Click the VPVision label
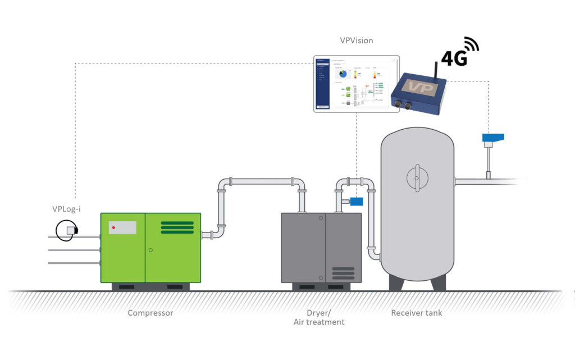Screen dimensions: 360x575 [x=356, y=40]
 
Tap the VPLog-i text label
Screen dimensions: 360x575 [x=66, y=209]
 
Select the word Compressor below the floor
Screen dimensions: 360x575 [x=150, y=313]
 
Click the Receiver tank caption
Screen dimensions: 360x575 [x=416, y=313]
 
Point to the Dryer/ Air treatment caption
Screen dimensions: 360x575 [x=318, y=317]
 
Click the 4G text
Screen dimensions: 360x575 [x=454, y=58]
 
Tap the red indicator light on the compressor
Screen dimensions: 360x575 [x=113, y=227]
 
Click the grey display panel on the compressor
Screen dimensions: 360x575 [x=122, y=227]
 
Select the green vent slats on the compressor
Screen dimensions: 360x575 [x=177, y=227]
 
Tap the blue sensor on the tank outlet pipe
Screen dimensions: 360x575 [x=492, y=137]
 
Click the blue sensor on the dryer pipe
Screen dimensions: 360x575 [x=356, y=201]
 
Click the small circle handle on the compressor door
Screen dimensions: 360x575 [x=150, y=250]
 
